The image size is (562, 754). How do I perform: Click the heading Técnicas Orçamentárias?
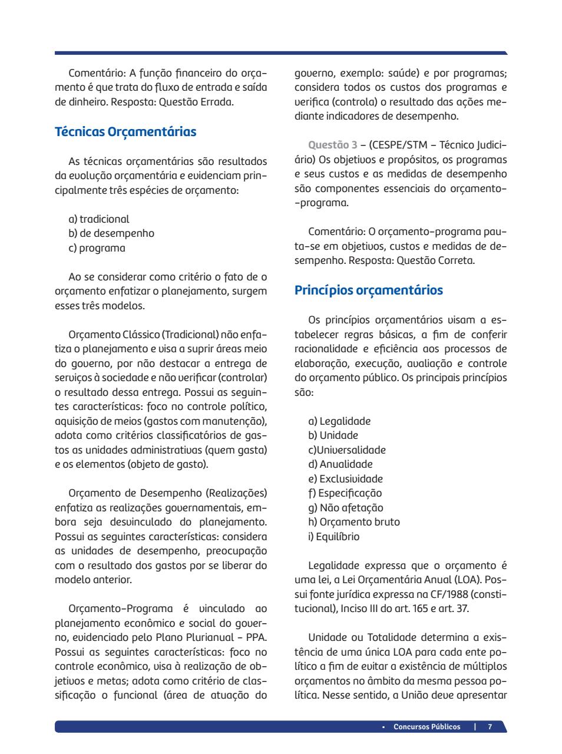(125, 131)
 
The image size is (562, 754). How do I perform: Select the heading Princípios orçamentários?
(368, 290)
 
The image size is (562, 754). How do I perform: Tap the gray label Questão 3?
(333, 145)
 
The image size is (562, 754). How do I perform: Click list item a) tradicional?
(99, 219)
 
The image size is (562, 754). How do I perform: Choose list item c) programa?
(97, 248)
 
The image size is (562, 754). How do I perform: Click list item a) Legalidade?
(339, 421)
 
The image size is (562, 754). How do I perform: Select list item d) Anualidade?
(340, 464)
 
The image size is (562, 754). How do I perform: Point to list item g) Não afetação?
(346, 508)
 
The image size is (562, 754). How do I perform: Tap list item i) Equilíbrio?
(333, 537)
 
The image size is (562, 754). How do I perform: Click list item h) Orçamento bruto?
(353, 522)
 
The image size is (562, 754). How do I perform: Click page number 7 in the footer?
(490, 726)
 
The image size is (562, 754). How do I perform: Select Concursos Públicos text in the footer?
(427, 726)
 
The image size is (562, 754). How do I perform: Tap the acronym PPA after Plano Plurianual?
(257, 637)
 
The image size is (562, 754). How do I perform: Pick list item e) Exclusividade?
(345, 479)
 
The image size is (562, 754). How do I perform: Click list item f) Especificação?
(345, 493)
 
